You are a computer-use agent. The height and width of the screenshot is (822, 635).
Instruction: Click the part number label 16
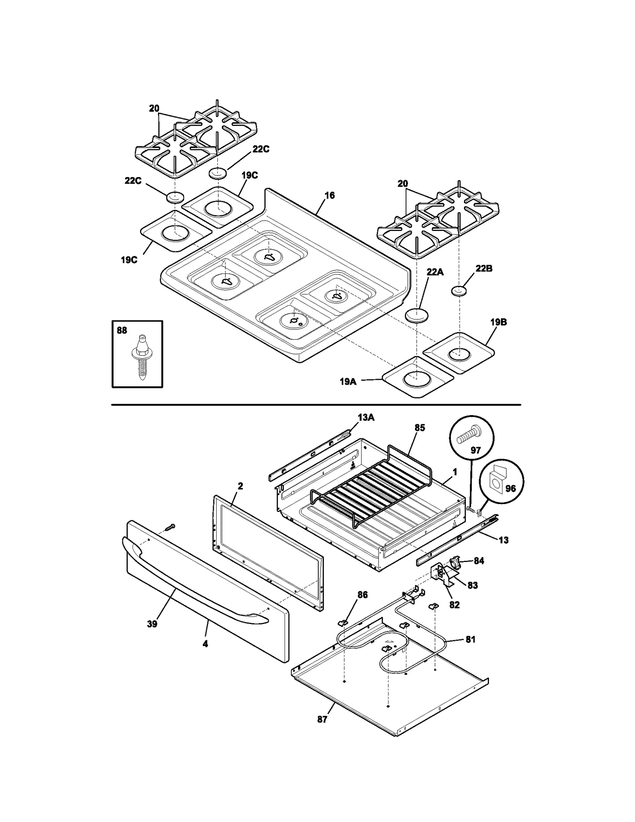click(x=329, y=195)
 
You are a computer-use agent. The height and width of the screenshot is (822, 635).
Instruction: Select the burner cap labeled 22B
click(x=459, y=292)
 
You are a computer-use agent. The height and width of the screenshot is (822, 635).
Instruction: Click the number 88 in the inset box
click(x=122, y=330)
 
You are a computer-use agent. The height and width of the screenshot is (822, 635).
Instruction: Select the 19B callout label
click(x=498, y=322)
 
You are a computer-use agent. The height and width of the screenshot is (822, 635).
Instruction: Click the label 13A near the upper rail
click(x=366, y=417)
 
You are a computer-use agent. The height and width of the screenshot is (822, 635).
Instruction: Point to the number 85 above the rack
click(x=419, y=427)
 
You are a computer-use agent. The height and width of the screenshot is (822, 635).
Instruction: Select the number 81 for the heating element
click(x=470, y=639)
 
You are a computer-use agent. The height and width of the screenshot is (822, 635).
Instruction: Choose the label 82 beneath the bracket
click(x=454, y=605)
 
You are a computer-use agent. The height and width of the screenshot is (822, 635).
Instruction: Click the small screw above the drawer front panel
click(x=170, y=527)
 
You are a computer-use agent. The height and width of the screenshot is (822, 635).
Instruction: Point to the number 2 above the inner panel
click(x=240, y=486)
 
